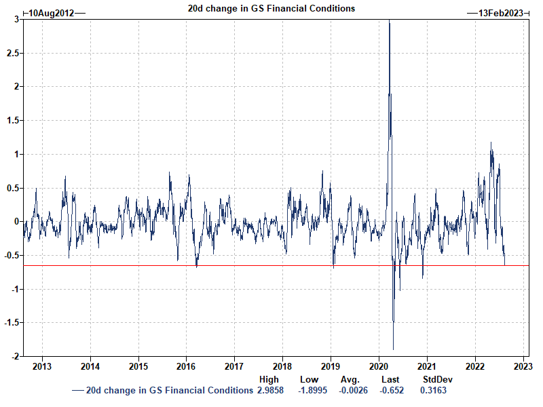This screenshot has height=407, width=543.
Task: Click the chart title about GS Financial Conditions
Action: coord(271,9)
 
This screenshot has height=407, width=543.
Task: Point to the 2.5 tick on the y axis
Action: coord(12,53)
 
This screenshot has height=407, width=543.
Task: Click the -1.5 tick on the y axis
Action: coord(10,323)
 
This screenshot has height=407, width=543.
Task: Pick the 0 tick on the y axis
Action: coord(15,222)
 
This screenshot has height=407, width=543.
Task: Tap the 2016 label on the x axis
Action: coord(186,366)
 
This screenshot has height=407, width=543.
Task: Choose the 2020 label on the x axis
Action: coord(379,366)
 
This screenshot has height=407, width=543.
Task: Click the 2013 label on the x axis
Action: coord(42,366)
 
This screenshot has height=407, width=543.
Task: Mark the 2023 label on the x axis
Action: coord(523,366)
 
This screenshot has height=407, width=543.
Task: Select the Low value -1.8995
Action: coord(310,390)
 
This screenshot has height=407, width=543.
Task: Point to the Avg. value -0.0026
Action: coord(351,390)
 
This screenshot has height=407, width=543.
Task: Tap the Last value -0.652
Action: coord(390,390)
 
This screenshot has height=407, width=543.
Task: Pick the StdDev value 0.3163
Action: coord(433,390)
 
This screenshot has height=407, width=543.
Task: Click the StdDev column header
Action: coord(437,380)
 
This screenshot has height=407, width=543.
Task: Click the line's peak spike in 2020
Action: coord(389,22)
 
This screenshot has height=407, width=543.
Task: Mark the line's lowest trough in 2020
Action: coord(394,349)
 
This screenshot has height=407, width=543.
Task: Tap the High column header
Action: coord(269,380)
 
